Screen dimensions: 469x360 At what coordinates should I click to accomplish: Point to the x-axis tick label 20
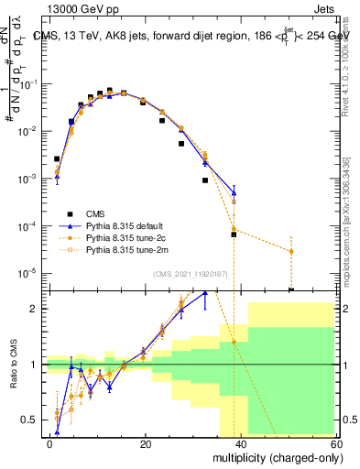pos(146,443)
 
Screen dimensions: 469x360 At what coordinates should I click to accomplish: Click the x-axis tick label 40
pos(241,443)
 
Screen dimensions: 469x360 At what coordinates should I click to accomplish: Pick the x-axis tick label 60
pos(335,443)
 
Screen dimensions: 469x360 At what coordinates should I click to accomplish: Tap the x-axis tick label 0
pos(50,443)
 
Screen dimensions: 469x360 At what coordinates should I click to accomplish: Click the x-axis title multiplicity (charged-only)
pos(272,457)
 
